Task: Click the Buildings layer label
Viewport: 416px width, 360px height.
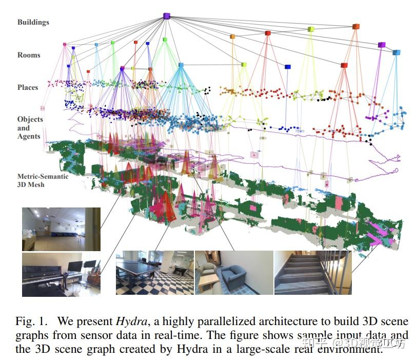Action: (33, 22)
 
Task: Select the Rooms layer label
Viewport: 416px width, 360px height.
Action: (28, 55)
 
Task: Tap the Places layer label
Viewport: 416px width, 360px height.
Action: (28, 87)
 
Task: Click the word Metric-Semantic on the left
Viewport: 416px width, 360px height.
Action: (43, 176)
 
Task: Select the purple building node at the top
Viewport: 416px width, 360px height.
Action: (166, 16)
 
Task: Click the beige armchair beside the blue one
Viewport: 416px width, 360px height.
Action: (211, 272)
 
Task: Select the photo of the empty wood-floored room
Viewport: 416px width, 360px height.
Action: (61, 229)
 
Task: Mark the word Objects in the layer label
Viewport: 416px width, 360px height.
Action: (30, 119)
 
